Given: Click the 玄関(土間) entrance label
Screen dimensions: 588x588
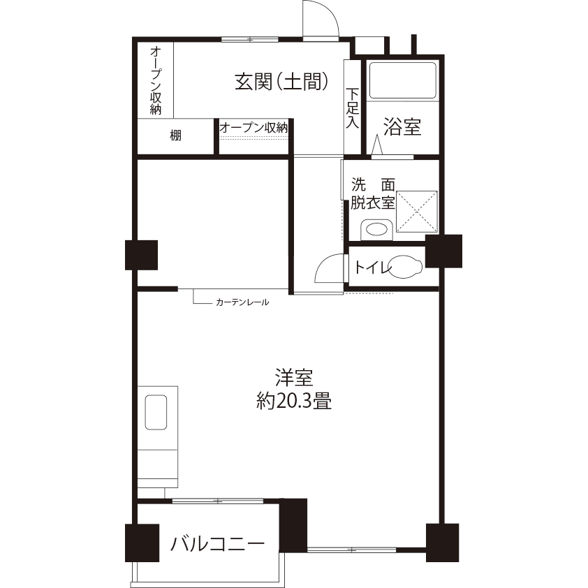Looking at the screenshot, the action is click(x=281, y=82).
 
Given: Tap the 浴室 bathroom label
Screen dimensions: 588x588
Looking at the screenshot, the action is click(x=402, y=127).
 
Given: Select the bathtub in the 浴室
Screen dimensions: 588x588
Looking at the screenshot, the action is click(x=403, y=80).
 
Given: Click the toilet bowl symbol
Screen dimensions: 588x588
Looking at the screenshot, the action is click(x=405, y=267).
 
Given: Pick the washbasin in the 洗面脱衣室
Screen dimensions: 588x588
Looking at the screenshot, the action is click(x=376, y=229).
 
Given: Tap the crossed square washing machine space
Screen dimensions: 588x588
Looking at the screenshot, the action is click(x=417, y=212).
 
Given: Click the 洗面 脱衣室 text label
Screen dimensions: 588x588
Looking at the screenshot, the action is click(x=373, y=194).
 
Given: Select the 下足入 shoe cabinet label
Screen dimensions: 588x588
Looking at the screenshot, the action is click(x=352, y=108).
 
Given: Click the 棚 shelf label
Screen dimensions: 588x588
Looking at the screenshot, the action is click(x=175, y=135).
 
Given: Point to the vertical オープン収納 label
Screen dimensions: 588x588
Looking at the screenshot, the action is click(x=156, y=80).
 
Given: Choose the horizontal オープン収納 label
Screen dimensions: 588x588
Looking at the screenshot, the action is click(x=254, y=128).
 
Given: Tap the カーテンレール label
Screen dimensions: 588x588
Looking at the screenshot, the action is click(x=242, y=302).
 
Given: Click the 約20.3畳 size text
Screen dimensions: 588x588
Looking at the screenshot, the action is click(x=294, y=402).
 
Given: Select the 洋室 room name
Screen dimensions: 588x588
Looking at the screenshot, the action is click(x=294, y=378).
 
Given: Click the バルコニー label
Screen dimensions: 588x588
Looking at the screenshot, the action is click(x=217, y=543).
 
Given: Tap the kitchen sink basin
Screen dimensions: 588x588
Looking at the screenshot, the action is click(x=156, y=412).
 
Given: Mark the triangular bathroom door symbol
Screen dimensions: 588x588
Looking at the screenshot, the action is click(x=377, y=145).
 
